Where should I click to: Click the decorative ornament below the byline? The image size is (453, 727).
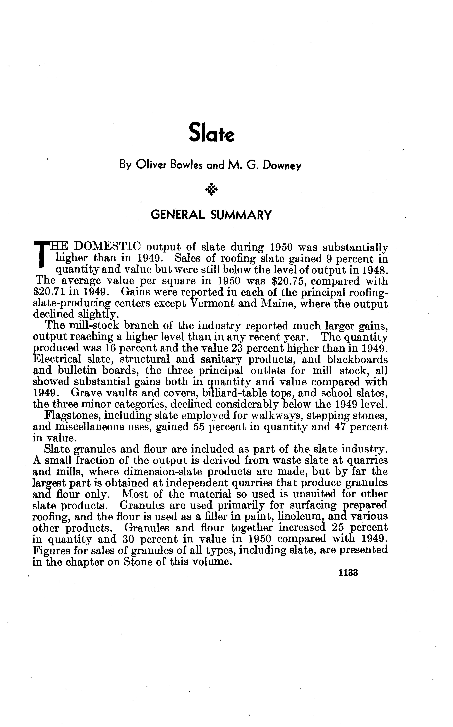pos(212,189)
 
